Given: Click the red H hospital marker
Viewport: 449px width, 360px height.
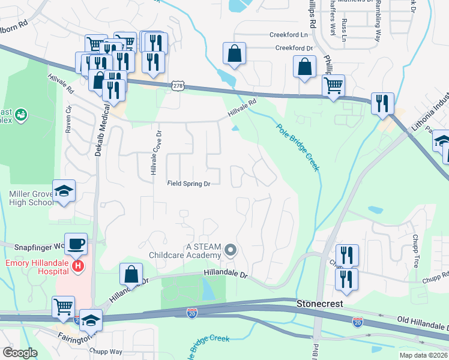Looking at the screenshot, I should tap(77, 265).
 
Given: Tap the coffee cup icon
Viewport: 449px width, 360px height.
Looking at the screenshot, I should tap(76, 244).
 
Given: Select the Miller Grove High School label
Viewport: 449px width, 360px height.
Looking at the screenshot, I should tap(31, 198).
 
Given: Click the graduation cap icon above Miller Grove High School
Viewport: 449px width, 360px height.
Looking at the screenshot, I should tap(64, 191).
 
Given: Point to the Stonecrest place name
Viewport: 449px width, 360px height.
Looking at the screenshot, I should tap(320, 304).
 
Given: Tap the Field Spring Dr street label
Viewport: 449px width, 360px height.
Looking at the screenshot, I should tap(188, 184).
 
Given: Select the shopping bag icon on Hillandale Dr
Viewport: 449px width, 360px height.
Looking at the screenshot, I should tap(131, 274).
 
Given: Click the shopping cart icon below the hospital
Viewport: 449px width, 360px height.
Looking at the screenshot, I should tap(63, 307).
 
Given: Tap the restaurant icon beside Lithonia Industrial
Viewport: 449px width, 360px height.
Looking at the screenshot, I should tap(382, 103).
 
